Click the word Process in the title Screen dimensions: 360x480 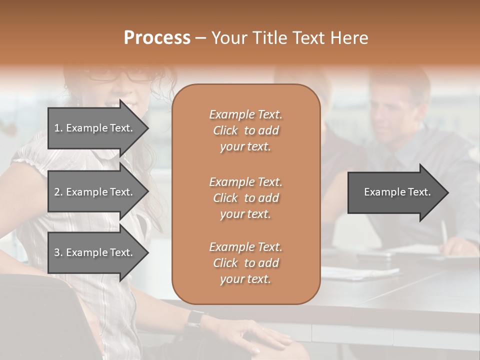(x=157, y=38)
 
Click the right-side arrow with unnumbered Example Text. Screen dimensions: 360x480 (x=397, y=192)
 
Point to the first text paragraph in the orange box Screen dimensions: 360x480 (x=245, y=130)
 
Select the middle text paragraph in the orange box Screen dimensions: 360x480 (x=245, y=198)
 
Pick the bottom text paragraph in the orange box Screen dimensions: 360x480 (x=245, y=263)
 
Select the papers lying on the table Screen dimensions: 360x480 (x=360, y=272)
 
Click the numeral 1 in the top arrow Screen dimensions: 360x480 (x=57, y=128)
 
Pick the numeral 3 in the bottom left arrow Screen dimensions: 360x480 (x=57, y=252)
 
